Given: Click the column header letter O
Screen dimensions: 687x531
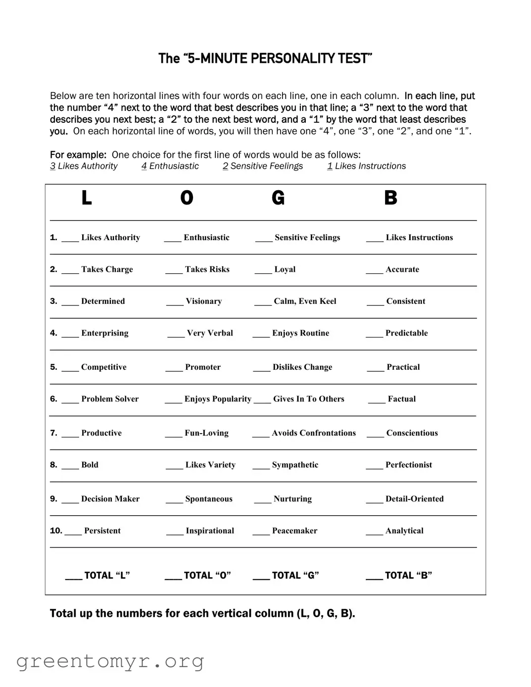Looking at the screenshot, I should (187, 198).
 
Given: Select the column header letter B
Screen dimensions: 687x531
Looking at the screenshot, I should (390, 198).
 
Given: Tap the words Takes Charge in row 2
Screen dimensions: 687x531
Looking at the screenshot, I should (107, 269).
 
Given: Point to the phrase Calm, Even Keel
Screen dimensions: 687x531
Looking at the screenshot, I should (305, 301).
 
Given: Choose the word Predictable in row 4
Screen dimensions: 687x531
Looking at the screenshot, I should (406, 333).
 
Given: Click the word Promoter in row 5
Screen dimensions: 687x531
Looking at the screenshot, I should (203, 367).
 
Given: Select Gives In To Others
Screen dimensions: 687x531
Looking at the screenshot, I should (308, 399).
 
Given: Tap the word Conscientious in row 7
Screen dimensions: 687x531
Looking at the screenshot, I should (412, 433).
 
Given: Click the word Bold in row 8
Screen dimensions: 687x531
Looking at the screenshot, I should (90, 465).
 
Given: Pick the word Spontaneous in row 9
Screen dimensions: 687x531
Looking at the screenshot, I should (209, 499).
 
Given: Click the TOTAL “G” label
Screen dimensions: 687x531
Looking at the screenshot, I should (295, 575).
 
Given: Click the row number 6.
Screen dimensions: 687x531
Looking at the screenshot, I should (53, 399).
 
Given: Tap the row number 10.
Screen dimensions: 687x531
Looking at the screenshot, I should (56, 531).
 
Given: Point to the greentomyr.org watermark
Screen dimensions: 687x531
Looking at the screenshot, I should (110, 661).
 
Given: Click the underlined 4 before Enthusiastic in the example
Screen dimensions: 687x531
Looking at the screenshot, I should (144, 166).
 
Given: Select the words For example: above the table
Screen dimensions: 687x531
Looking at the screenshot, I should (78, 154).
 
